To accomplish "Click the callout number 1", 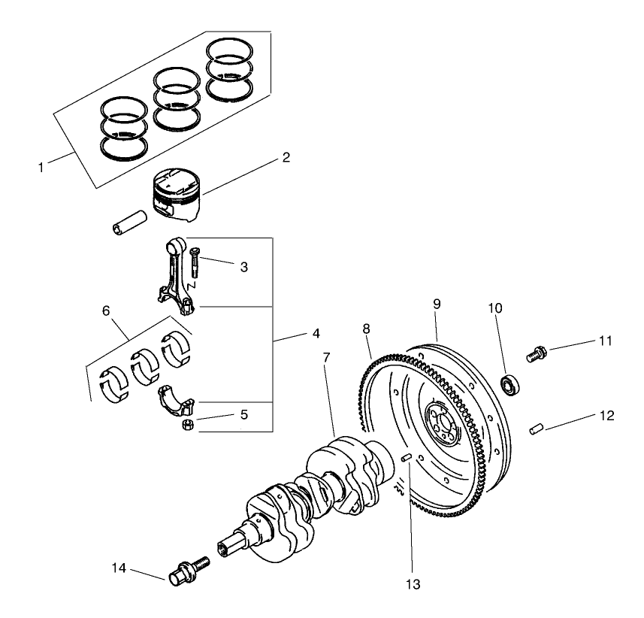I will (41, 166).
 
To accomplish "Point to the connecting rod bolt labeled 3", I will (195, 262).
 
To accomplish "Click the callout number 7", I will (326, 357).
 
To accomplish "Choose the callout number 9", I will (437, 304).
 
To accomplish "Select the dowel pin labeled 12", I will (536, 429).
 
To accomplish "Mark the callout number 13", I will (413, 583).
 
